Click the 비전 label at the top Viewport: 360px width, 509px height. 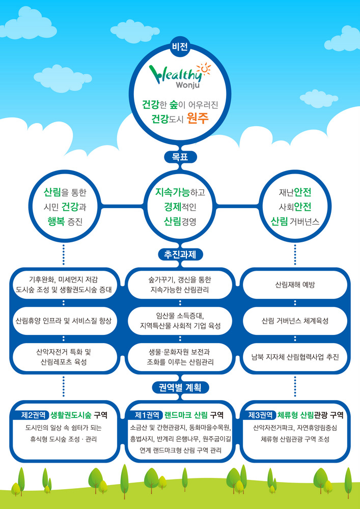(180, 47)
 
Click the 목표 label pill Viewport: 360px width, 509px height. (180, 157)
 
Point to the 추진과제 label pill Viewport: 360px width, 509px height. (180, 253)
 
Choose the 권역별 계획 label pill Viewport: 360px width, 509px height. (180, 388)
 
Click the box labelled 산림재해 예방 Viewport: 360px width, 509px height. (295, 285)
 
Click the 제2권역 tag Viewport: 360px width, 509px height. (34, 415)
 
